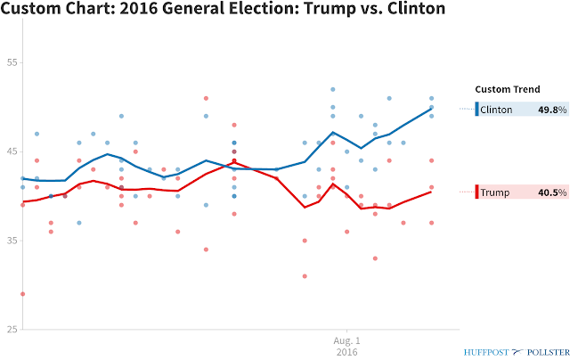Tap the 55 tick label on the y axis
pos(13,62)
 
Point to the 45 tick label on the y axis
pos(13,151)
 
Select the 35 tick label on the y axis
pos(13,241)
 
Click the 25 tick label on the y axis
pos(13,330)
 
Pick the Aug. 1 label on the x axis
pos(346,340)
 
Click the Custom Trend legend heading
pos(507,89)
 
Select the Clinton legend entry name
pos(497,110)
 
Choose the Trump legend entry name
pos(495,192)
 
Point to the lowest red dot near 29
pos(22,294)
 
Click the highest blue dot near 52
pos(333,89)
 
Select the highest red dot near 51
pos(206,98)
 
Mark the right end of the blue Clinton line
pos(432,108)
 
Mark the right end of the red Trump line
pos(432,192)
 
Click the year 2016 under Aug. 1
pos(346,352)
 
